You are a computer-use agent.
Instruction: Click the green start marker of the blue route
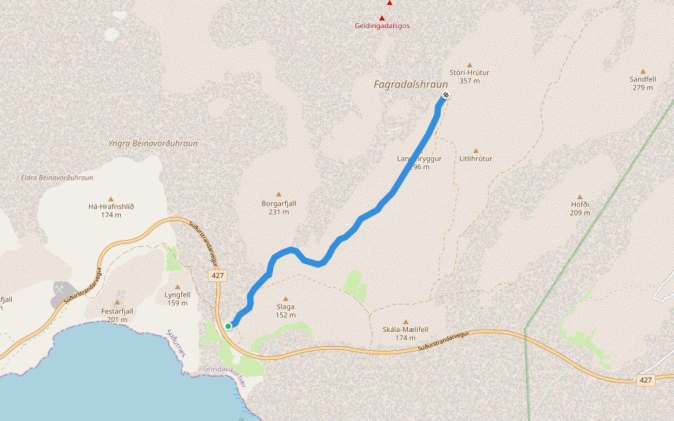pos(229,326)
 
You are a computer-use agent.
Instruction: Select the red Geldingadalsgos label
pos(382,26)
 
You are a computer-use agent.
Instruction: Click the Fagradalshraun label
pos(411,84)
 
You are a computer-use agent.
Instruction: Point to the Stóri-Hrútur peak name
pos(469,72)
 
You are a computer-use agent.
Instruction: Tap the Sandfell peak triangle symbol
pos(642,71)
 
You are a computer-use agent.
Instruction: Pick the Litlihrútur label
pos(475,159)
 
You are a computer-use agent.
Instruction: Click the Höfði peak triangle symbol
pos(579,197)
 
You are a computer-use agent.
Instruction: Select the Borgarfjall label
pos(279,203)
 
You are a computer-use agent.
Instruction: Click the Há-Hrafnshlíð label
pos(111,206)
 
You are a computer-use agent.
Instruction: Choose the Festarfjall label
pos(117,311)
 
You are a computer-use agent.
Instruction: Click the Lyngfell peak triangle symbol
pos(177,286)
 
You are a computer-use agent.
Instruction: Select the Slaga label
pos(285,307)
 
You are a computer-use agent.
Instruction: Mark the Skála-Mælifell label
pos(405,329)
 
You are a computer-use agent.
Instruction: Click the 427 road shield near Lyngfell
pos(218,276)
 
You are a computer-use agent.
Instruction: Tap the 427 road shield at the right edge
pos(646,380)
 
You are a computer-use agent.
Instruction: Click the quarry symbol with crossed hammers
pos(62,289)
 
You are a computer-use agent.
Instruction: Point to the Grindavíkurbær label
pos(223,368)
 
